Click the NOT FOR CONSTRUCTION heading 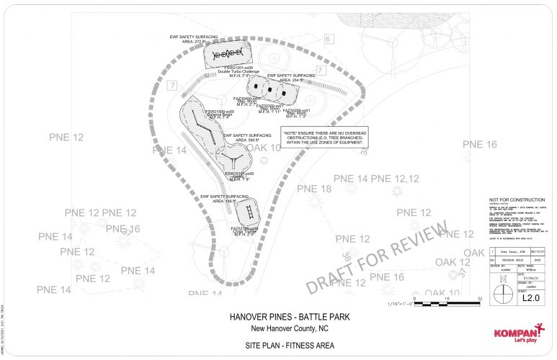[x=509, y=199]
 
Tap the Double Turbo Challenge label [x=228, y=73]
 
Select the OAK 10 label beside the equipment [x=264, y=148]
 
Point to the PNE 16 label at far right [x=479, y=145]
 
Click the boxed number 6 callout [x=329, y=38]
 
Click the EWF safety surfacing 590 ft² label [x=247, y=138]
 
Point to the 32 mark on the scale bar [x=479, y=298]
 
